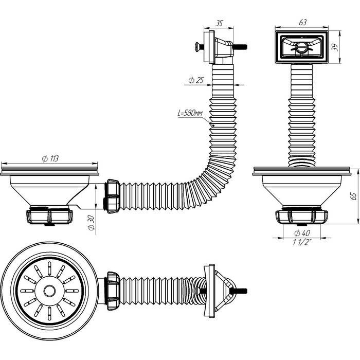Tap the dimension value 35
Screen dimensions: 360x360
[219, 23]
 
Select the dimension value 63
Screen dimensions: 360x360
[302, 22]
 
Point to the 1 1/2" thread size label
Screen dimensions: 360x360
[301, 243]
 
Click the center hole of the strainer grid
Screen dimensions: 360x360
[49, 291]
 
